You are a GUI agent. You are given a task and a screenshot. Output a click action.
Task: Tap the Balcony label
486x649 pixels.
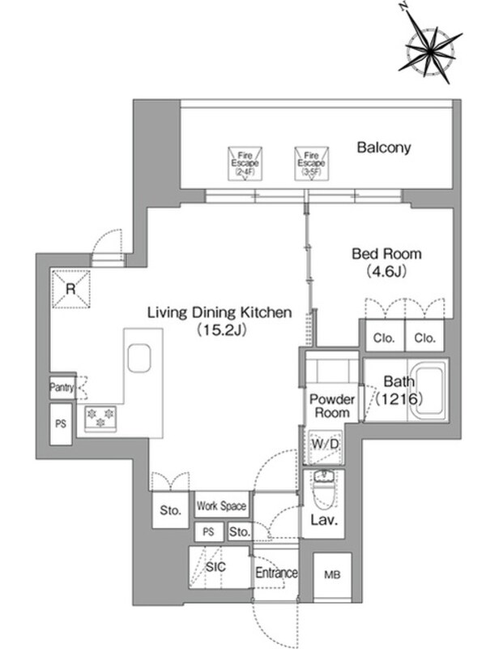pyautogui.click(x=385, y=148)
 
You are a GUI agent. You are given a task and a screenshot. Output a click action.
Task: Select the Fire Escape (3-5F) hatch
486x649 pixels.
pyautogui.click(x=310, y=162)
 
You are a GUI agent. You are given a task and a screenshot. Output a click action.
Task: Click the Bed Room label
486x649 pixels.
pyautogui.click(x=386, y=253)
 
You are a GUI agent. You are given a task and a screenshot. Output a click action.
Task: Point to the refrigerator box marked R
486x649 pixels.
pyautogui.click(x=70, y=289)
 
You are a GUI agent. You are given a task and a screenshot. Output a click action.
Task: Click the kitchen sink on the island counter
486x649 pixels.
pyautogui.click(x=139, y=358)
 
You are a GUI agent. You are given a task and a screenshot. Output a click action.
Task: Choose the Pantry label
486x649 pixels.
pyautogui.click(x=62, y=388)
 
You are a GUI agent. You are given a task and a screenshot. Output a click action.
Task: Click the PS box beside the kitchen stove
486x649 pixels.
pyautogui.click(x=61, y=423)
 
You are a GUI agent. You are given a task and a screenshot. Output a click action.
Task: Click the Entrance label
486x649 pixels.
pyautogui.click(x=275, y=574)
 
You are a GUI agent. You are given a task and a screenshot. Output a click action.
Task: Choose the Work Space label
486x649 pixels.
pyautogui.click(x=220, y=506)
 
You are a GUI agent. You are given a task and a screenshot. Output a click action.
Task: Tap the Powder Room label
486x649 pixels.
pyautogui.click(x=333, y=406)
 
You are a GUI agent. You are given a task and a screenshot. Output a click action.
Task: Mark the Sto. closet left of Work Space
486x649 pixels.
pyautogui.click(x=168, y=511)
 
